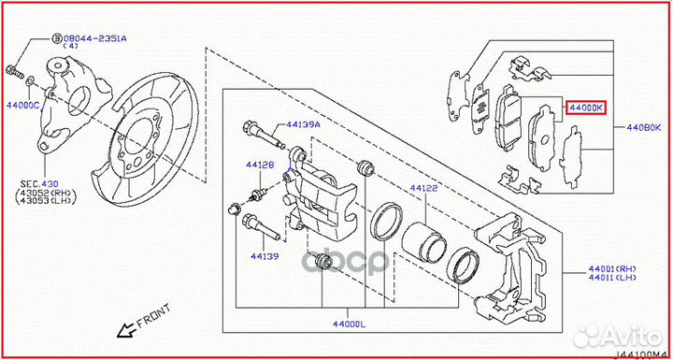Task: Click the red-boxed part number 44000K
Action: [586, 108]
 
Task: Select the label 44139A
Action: [303, 123]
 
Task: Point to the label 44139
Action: [265, 254]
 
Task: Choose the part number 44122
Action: [422, 188]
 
